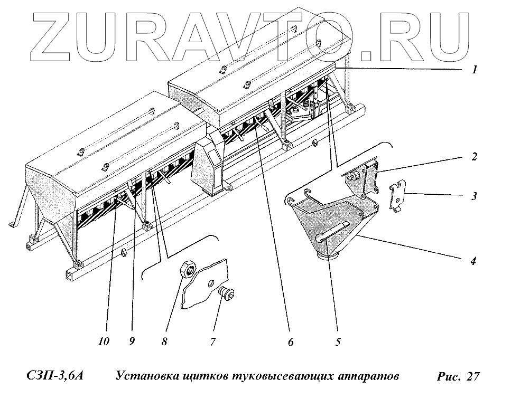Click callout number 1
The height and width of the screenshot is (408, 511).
(475, 70)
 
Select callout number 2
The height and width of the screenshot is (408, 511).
(475, 157)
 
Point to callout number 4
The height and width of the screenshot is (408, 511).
(474, 260)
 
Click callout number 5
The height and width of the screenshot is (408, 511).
(338, 341)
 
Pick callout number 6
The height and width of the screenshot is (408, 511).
(290, 341)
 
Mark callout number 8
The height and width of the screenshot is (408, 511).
(164, 341)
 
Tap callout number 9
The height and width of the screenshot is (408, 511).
(132, 341)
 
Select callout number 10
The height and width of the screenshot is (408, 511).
(104, 341)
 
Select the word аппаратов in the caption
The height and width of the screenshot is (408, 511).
(364, 376)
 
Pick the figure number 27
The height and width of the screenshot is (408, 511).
(472, 376)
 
